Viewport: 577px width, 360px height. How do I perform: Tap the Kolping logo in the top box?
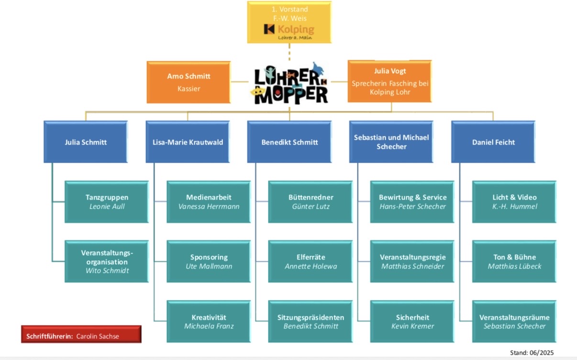[289, 31]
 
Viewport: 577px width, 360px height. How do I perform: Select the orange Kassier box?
[189, 82]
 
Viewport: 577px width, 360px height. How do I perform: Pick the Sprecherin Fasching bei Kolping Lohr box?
[389, 81]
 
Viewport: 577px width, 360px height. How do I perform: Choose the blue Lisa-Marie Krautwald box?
[188, 142]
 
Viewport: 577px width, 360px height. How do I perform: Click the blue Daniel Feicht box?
[493, 142]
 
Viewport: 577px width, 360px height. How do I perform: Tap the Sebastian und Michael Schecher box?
[391, 142]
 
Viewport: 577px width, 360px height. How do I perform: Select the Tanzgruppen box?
[107, 202]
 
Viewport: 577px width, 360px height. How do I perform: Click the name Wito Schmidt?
[107, 270]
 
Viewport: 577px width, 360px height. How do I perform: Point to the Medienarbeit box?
[209, 202]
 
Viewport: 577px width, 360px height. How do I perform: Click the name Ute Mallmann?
[209, 266]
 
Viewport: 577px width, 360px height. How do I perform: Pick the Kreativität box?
[209, 321]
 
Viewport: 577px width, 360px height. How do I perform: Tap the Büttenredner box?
[311, 202]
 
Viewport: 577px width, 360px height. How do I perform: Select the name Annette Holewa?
[311, 266]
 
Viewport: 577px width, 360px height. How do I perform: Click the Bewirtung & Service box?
[412, 202]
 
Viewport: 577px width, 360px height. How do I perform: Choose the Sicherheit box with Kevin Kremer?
[412, 321]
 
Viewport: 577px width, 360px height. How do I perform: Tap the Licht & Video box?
[514, 202]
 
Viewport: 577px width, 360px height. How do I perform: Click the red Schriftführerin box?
[81, 335]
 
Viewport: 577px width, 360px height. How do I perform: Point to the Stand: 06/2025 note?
[532, 353]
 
